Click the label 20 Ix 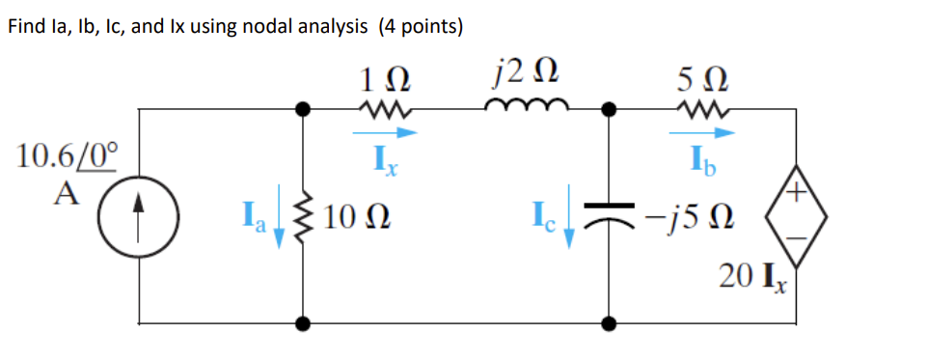click(754, 279)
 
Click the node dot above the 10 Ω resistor click(305, 111)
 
